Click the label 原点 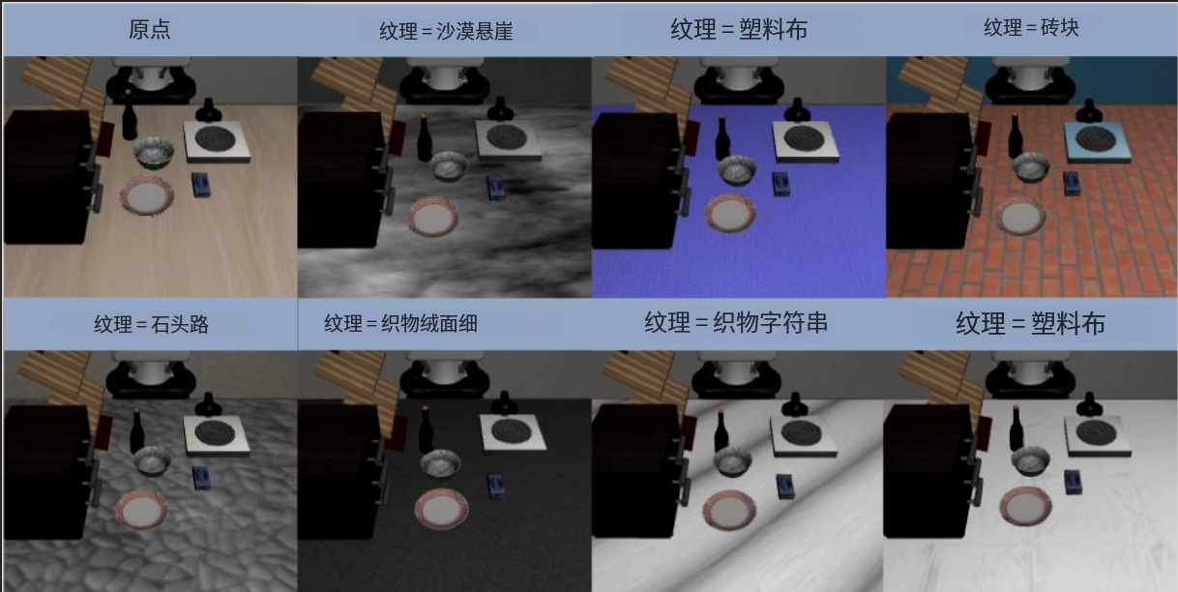[149, 29]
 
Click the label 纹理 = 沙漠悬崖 [446, 31]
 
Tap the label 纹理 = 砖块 [1031, 27]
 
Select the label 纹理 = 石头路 [151, 324]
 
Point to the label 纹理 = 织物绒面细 [400, 323]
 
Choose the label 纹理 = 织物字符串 [736, 322]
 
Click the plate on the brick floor [1020, 216]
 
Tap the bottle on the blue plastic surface [722, 138]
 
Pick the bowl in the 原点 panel [154, 153]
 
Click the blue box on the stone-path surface [201, 478]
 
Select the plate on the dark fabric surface [441, 509]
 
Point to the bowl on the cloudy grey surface [448, 166]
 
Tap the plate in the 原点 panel [147, 196]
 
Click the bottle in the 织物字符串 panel [721, 430]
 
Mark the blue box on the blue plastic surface [782, 184]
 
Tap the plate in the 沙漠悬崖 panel [434, 217]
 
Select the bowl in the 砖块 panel [1031, 167]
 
